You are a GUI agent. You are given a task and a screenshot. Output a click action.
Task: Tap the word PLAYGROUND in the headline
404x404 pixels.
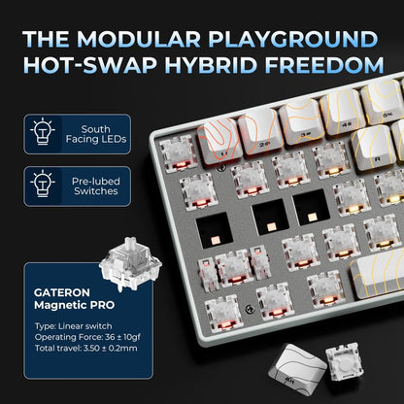pos(293,39)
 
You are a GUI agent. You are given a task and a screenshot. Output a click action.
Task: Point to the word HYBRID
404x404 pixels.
pos(212,65)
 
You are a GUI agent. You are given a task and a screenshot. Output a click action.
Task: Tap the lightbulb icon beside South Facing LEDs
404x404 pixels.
pos(43,133)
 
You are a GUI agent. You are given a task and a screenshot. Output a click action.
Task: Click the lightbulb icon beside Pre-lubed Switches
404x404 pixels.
pos(43,185)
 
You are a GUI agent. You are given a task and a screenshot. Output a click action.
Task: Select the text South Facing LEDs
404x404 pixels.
pos(96,134)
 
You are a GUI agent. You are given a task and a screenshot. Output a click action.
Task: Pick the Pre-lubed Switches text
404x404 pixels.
pos(96,185)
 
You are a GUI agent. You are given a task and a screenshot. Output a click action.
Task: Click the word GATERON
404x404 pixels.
pos(62,292)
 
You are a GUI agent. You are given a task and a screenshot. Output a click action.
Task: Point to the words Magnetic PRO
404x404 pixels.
pos(74,305)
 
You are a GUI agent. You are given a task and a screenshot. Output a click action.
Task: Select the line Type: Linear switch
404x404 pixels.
pos(73,326)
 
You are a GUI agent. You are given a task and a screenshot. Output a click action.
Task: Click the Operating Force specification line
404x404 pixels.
pos(87,337)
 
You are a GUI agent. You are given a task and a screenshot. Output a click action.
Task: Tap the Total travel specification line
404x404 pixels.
pos(85,349)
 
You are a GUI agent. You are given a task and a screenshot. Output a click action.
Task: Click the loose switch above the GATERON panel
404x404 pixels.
pos(130,263)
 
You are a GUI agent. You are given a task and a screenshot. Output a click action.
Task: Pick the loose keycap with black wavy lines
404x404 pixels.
pos(296,367)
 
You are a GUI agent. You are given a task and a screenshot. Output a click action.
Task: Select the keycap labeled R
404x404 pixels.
pos(373,148)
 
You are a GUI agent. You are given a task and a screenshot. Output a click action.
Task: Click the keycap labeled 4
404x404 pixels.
pos(342,114)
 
